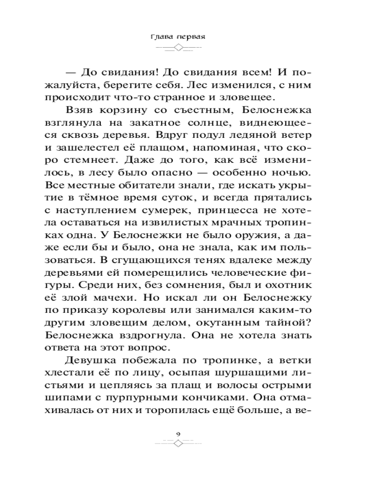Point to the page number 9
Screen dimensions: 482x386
(179, 434)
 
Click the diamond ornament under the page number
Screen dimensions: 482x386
(179, 444)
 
